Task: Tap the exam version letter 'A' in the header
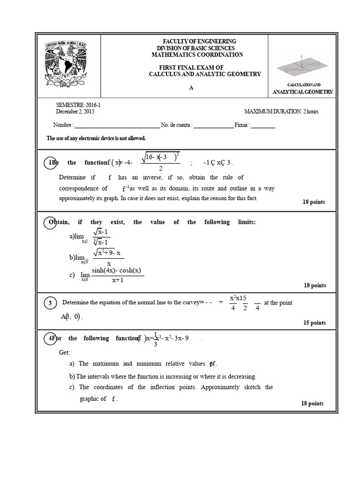tap(191, 88)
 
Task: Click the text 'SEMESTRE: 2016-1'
tap(78, 105)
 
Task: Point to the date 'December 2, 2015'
tap(75, 112)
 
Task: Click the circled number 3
tap(50, 304)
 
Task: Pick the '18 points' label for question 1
tap(314, 202)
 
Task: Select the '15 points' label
tap(315, 322)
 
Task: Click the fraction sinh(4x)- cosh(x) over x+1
tap(117, 275)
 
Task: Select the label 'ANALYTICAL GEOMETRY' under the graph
tap(303, 92)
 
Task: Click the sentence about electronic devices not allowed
tap(96, 138)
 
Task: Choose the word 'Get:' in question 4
tap(64, 352)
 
